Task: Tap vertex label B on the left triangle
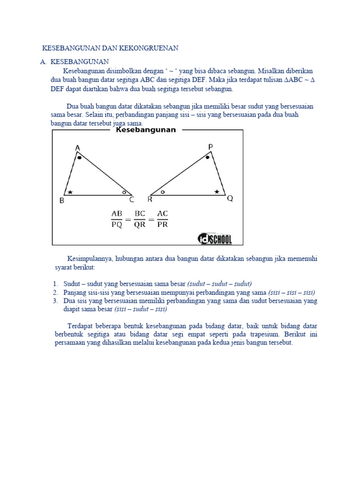coord(62,201)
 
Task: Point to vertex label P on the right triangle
coord(210,147)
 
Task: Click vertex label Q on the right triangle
coord(230,199)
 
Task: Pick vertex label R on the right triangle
coord(150,199)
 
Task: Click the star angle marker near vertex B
coord(70,192)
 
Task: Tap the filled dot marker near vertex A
coord(80,158)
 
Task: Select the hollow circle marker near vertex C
coord(124,192)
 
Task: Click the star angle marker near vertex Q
coord(217,192)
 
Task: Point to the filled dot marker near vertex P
coord(208,158)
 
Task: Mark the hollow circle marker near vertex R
coord(162,192)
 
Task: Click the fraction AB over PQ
coord(117,219)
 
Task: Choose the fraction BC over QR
coord(140,219)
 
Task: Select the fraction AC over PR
coord(162,219)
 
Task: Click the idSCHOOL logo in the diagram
coord(214,239)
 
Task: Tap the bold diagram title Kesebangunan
coord(146,130)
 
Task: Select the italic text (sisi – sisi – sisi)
coord(292,292)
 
